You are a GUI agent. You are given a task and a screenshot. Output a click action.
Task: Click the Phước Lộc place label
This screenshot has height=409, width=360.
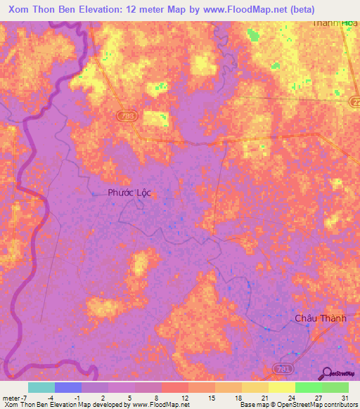[x=129, y=193]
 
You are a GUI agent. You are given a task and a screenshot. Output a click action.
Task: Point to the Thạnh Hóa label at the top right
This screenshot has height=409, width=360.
[x=335, y=22]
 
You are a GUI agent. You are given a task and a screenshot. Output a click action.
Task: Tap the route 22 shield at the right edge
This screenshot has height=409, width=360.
[x=354, y=102]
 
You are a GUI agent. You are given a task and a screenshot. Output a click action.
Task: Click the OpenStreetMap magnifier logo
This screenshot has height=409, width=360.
[x=325, y=373]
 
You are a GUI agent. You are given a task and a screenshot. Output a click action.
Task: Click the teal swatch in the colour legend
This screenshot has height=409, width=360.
[x=41, y=387]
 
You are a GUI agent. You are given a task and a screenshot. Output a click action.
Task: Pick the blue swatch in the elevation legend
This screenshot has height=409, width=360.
[x=68, y=387]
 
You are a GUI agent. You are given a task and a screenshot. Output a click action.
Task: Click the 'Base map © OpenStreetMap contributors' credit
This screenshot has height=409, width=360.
[x=297, y=405]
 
